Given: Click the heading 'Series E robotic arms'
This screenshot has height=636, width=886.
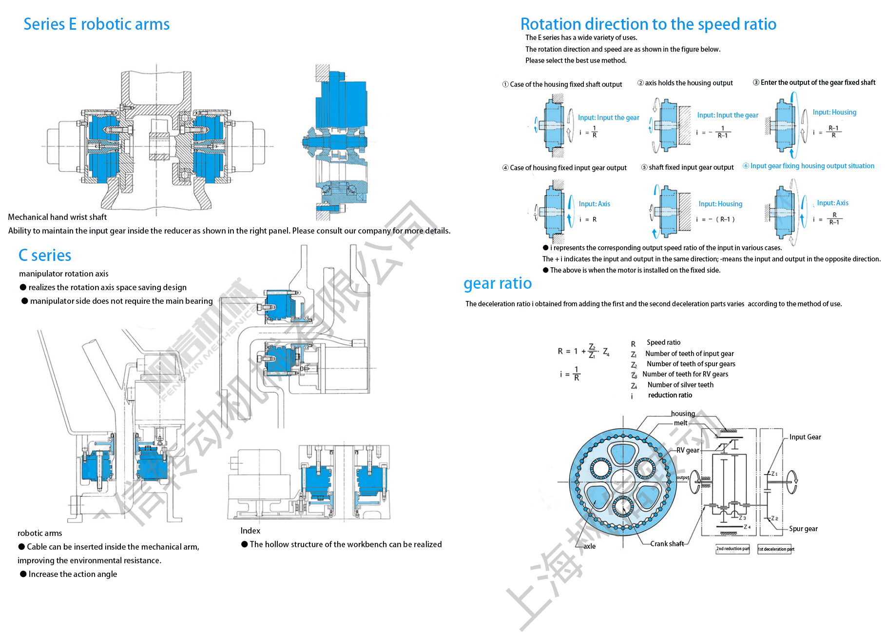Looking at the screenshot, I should [x=96, y=24].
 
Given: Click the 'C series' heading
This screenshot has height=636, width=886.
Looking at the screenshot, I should [x=45, y=256].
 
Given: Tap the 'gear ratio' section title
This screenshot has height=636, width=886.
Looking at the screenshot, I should [x=498, y=283].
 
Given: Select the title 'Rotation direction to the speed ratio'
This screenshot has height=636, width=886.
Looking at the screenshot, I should [x=648, y=24].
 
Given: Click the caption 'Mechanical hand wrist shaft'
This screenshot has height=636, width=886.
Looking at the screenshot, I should [x=57, y=217].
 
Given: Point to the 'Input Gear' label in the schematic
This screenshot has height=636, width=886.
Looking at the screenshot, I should [x=805, y=437].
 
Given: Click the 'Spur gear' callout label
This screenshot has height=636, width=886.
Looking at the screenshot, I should [x=803, y=529].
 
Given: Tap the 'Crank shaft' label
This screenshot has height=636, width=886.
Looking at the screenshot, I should [x=667, y=544].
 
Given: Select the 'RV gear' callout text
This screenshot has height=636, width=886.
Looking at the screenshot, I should [x=688, y=450].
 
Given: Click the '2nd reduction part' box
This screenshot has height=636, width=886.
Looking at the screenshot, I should [x=732, y=549].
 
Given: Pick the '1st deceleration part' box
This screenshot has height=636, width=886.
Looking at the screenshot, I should [x=775, y=549].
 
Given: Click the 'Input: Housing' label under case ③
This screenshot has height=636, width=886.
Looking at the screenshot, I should [x=834, y=112].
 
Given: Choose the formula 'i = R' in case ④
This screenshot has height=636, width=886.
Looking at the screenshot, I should [x=588, y=219].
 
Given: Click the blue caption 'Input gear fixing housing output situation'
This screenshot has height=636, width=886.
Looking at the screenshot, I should [x=812, y=166].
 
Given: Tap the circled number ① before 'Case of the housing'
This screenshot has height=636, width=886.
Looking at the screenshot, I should [x=505, y=84].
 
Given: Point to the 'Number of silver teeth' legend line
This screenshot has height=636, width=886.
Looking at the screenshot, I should [x=680, y=385].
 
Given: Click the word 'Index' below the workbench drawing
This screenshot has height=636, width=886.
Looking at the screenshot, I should [x=250, y=531].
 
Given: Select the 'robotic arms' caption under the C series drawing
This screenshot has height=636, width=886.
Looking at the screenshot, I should [x=40, y=533].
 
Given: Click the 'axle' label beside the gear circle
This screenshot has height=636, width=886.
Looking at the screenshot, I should [x=590, y=546].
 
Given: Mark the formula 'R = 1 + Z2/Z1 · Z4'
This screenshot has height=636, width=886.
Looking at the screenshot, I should [x=583, y=351].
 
